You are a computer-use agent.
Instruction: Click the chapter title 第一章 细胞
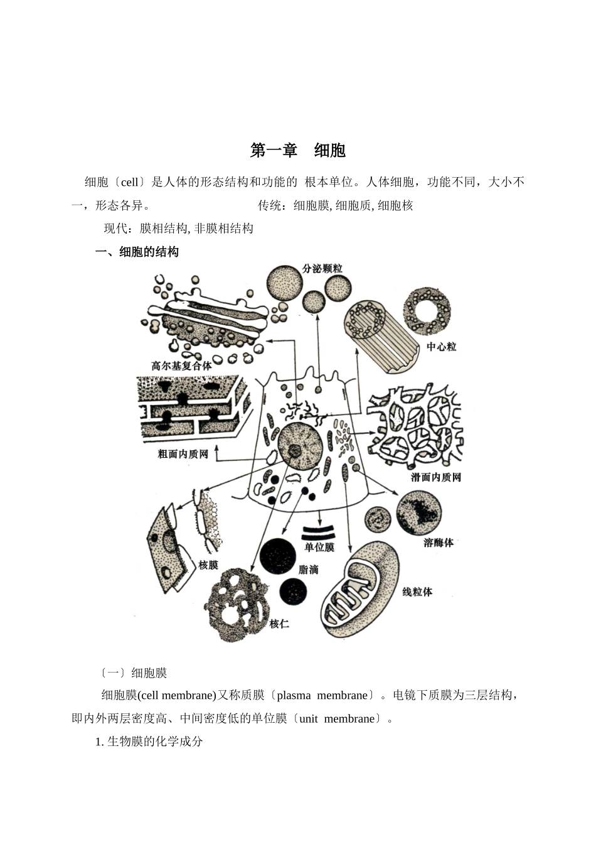(x=298, y=151)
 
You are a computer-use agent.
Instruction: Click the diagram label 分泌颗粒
(x=322, y=269)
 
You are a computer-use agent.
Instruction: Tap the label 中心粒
(x=442, y=347)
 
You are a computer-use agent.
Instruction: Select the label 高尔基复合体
(x=182, y=365)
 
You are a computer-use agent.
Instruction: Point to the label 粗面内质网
(x=183, y=453)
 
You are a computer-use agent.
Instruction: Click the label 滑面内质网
(x=436, y=478)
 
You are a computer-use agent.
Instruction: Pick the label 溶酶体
(x=439, y=543)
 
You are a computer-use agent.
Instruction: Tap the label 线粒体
(x=417, y=592)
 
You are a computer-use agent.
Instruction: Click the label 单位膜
(x=319, y=548)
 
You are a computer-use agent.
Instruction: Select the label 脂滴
(x=309, y=570)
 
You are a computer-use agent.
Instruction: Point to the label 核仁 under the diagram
(x=279, y=624)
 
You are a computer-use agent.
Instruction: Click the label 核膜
(x=208, y=565)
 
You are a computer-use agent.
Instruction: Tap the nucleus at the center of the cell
(x=300, y=446)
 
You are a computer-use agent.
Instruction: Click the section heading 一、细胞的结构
(x=137, y=252)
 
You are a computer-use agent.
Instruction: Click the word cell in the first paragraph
(x=129, y=183)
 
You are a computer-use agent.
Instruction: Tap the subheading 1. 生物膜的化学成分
(x=149, y=742)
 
